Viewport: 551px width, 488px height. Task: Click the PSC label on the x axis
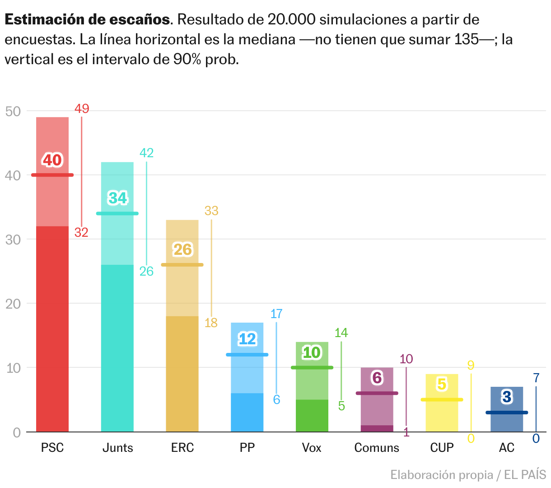[52, 448]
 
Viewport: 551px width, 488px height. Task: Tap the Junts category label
[117, 448]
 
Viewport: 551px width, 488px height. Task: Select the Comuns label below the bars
[377, 448]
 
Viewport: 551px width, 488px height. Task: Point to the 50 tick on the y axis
[14, 111]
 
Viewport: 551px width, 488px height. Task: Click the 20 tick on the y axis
[14, 304]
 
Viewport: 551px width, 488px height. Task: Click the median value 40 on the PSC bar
[52, 160]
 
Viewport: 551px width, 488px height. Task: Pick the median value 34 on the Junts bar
[118, 198]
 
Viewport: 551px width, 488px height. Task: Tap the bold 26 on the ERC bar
[183, 249]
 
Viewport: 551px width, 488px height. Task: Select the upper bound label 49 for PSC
[82, 109]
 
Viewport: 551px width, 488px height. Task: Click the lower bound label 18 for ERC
[211, 323]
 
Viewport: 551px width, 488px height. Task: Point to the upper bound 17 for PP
[276, 314]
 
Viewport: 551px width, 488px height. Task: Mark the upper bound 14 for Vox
[341, 333]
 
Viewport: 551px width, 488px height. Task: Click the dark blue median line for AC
[507, 413]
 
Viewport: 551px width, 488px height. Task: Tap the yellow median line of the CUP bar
[442, 399]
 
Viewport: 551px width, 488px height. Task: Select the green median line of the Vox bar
[312, 367]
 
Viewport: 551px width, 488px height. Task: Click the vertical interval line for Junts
[146, 212]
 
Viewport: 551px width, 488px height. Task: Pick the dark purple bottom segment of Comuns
[377, 428]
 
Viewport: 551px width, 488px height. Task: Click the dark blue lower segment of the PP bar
[247, 412]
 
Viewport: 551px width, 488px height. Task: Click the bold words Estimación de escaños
[88, 20]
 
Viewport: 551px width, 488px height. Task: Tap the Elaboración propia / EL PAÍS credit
[468, 475]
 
